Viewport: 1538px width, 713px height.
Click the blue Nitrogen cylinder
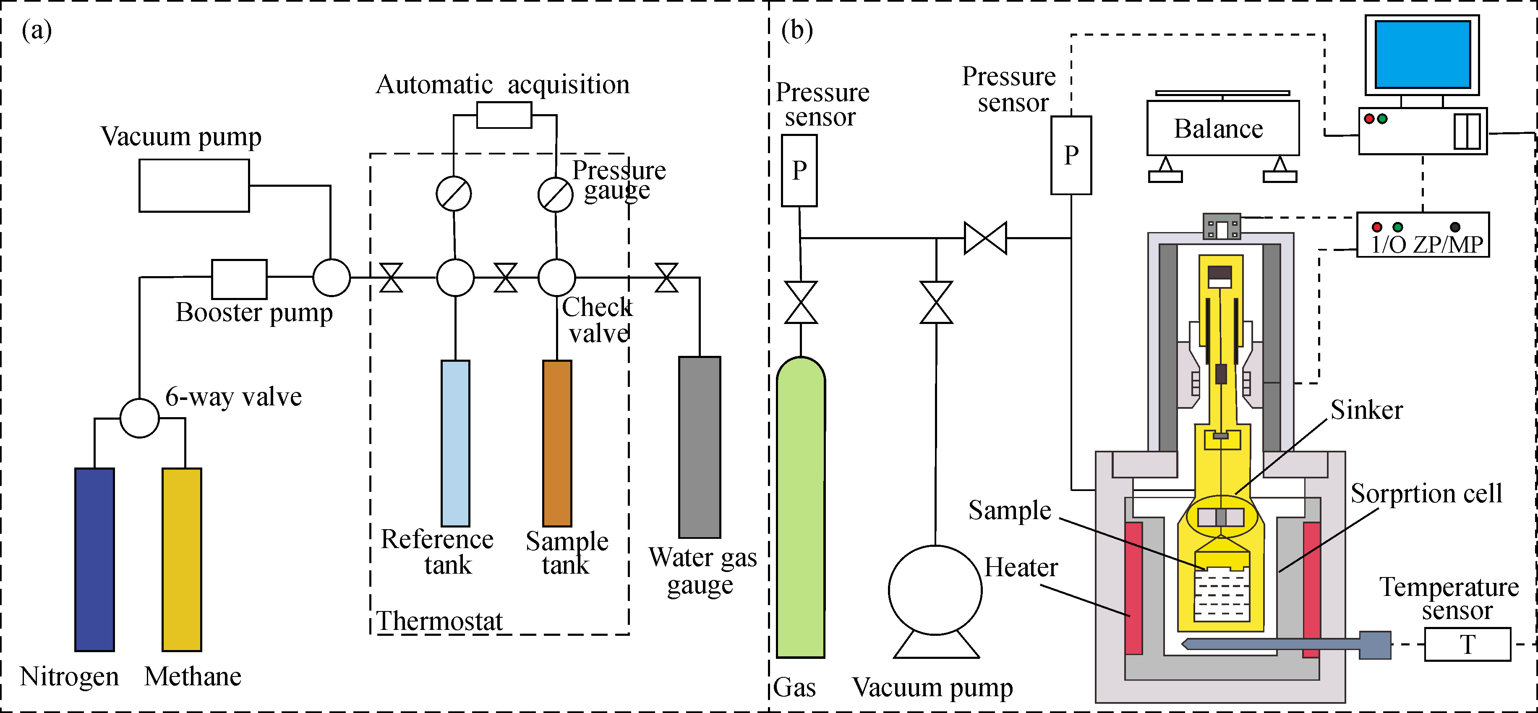(x=94, y=559)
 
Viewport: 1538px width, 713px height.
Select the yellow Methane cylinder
(x=182, y=559)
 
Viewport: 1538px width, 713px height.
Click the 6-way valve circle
(x=140, y=418)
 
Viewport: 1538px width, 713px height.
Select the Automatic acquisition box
(x=504, y=115)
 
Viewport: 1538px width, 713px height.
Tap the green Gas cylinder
(x=801, y=508)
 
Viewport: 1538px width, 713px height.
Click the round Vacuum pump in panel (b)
(x=935, y=590)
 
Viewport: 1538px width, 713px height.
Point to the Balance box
(x=1223, y=128)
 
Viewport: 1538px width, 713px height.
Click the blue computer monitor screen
(x=1422, y=54)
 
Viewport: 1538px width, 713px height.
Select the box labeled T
(x=1467, y=644)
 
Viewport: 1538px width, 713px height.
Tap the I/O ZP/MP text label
(x=1427, y=244)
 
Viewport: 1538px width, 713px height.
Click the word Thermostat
(x=439, y=621)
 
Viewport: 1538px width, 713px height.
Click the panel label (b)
(x=797, y=30)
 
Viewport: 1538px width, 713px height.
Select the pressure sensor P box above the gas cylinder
(x=799, y=171)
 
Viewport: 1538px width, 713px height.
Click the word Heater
(x=1021, y=567)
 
